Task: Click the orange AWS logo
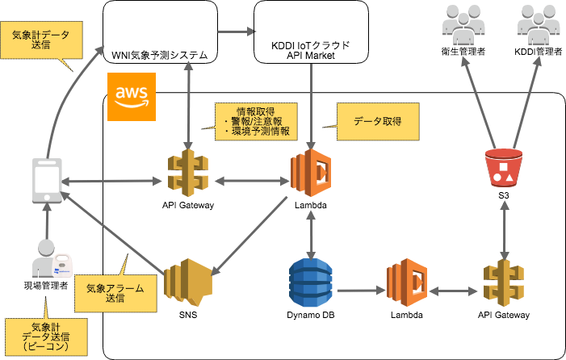(x=131, y=97)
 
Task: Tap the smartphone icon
(x=47, y=180)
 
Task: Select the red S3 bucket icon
(x=504, y=167)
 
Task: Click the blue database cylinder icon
(x=311, y=283)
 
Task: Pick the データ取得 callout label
(x=378, y=121)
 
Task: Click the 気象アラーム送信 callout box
(x=115, y=292)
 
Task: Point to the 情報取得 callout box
(x=256, y=121)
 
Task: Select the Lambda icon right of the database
(x=406, y=283)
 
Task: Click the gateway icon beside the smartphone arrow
(x=187, y=173)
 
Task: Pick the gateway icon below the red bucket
(x=504, y=283)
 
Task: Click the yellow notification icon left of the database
(x=187, y=281)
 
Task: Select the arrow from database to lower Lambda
(x=359, y=290)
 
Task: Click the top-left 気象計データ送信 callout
(x=40, y=40)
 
